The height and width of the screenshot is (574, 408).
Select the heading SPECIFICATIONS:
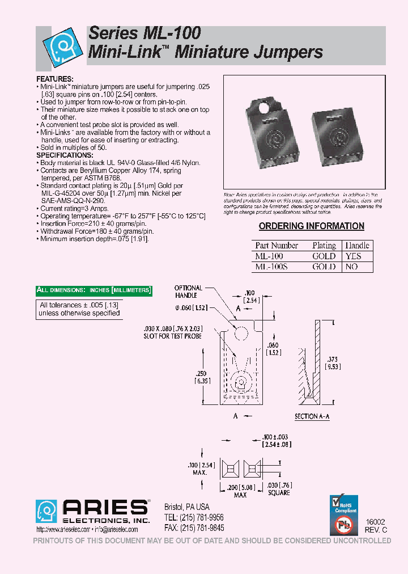point(65,155)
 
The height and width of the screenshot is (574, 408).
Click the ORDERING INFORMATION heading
point(312,226)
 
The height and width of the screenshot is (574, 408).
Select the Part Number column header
point(277,246)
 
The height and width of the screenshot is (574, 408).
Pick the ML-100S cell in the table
point(271,267)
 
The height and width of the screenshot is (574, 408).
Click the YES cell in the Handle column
point(353,256)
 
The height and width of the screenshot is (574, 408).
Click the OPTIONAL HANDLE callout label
point(188,292)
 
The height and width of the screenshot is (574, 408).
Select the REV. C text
point(376,529)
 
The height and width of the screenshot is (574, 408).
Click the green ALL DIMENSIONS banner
point(94,290)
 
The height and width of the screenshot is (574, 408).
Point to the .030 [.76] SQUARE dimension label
point(278,488)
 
